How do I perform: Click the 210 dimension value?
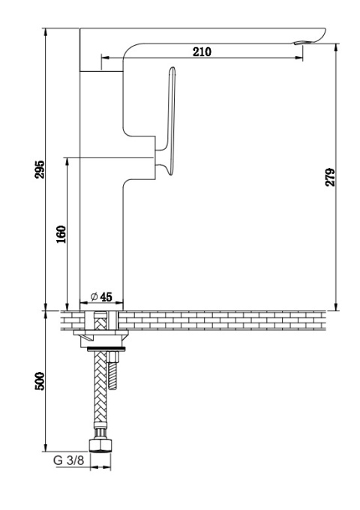coord(202,52)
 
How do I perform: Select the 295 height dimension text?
coord(40,169)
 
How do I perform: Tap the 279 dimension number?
coord(330,177)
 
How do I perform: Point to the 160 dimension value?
coord(61,234)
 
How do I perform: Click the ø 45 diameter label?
coord(101,297)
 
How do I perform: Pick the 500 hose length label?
coord(40,381)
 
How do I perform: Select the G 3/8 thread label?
coord(68,460)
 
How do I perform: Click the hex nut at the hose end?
coord(100,445)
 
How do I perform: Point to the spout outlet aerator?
coord(302,43)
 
